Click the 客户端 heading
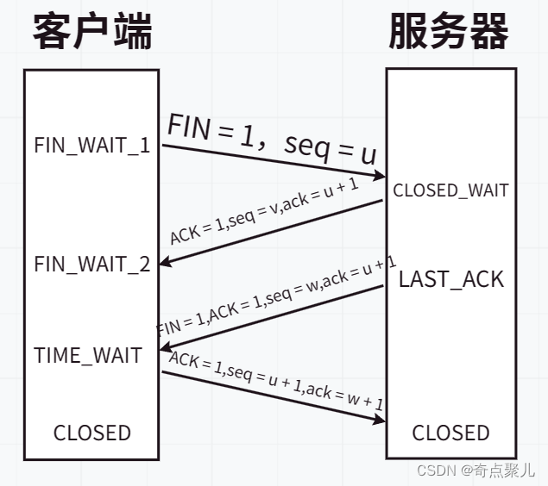point(93,33)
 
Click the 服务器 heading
point(448,33)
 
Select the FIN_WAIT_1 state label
point(92,145)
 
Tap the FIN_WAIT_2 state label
point(92,264)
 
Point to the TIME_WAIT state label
point(88,355)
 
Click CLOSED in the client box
point(92,433)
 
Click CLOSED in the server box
point(450,433)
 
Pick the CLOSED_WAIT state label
point(450,190)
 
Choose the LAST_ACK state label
point(451,279)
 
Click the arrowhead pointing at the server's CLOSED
point(381,420)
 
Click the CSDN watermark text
point(476,470)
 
